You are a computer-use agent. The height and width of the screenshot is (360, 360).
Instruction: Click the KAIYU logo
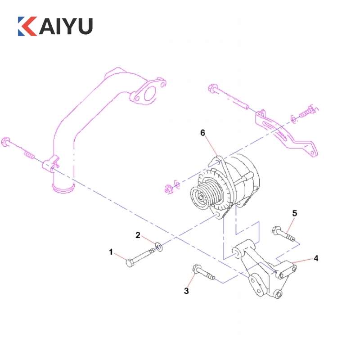point(55,26)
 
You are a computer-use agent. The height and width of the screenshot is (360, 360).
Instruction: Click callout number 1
point(111,252)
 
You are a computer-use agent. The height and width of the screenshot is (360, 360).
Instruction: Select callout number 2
point(138,235)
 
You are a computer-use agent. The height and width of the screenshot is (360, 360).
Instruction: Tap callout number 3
point(186,291)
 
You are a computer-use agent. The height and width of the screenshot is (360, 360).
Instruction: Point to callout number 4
point(316,258)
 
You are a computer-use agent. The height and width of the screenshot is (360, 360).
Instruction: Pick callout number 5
point(295,213)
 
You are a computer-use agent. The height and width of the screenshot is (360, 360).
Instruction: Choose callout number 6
point(202,133)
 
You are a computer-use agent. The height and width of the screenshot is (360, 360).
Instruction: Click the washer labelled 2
point(159,246)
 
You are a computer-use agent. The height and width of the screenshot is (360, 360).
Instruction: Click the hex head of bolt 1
point(130,263)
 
